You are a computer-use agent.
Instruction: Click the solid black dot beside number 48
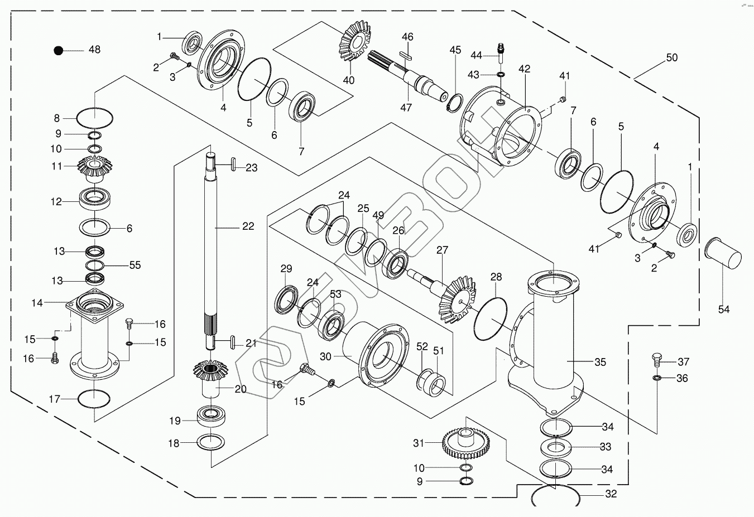(x=59, y=51)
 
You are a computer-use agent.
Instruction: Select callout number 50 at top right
(x=671, y=57)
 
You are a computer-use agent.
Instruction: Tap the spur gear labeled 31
(x=466, y=443)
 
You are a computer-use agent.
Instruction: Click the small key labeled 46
(x=406, y=56)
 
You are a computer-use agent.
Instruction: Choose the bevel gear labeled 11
(x=95, y=168)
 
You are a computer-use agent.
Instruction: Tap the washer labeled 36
(x=656, y=378)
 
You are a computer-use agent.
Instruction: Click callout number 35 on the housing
(x=600, y=362)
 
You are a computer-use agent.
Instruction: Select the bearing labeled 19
(x=211, y=416)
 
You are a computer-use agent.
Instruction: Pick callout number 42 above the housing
(x=525, y=69)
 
